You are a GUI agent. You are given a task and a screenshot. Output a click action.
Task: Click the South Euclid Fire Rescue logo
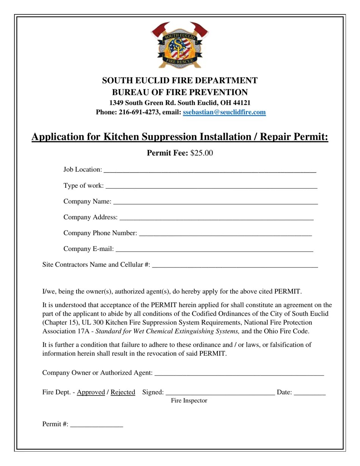180,45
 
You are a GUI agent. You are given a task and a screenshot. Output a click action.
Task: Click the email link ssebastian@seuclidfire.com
224,112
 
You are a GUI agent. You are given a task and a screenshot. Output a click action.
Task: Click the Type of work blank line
211,186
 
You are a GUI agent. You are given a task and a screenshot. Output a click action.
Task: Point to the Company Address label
90,217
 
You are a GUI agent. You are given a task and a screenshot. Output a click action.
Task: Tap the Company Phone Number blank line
225,234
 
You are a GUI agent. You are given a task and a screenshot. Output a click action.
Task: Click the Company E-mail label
88,249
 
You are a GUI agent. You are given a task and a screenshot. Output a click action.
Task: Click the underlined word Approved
91,392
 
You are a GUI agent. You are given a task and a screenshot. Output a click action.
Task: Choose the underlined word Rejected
123,392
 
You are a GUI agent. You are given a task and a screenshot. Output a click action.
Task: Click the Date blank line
310,393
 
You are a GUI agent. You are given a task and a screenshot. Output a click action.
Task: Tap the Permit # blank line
97,425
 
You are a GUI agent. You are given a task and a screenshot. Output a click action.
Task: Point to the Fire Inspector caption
189,400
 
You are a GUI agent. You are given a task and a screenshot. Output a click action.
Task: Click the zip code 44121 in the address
241,103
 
